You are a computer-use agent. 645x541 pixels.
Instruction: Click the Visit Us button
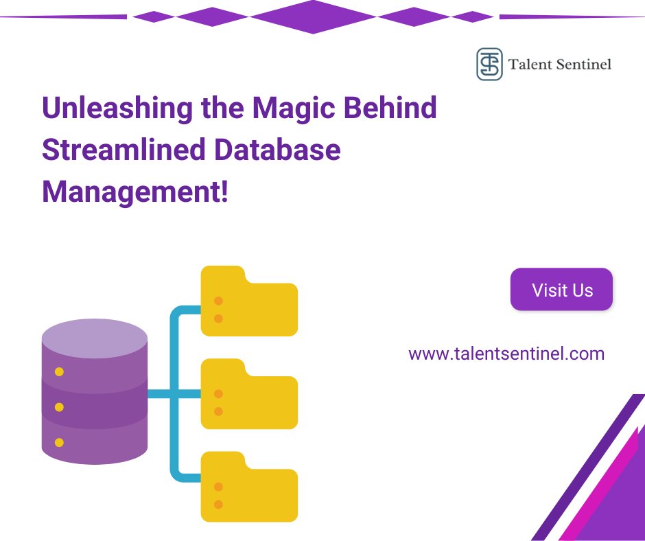pyautogui.click(x=561, y=290)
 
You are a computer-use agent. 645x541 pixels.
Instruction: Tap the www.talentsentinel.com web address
pyautogui.click(x=506, y=354)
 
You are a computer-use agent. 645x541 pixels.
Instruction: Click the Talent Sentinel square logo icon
pyautogui.click(x=489, y=64)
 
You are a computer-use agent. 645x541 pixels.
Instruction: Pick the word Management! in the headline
pyautogui.click(x=134, y=190)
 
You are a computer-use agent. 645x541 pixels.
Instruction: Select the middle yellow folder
pyautogui.click(x=249, y=394)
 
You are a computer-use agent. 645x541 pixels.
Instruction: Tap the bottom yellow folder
pyautogui.click(x=249, y=487)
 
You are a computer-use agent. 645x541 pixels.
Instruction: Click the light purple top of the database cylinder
pyautogui.click(x=95, y=339)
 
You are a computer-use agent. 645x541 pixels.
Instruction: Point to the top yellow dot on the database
pyautogui.click(x=59, y=371)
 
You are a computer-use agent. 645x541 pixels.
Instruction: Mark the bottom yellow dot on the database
pyautogui.click(x=59, y=443)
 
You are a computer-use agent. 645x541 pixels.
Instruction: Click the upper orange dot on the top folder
pyautogui.click(x=218, y=301)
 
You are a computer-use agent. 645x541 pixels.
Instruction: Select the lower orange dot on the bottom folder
pyautogui.click(x=218, y=505)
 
